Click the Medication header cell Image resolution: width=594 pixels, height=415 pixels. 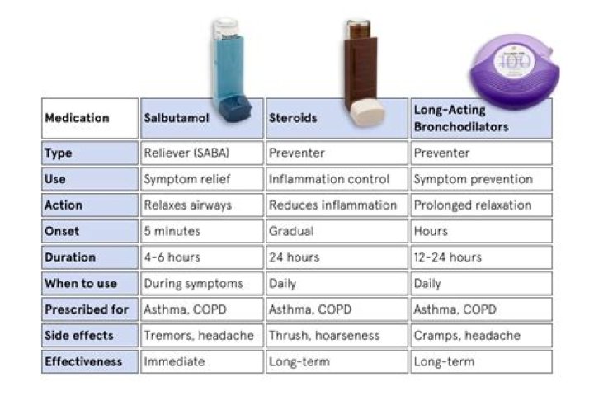coord(89,118)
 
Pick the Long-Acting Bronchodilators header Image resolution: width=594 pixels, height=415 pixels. coord(481,118)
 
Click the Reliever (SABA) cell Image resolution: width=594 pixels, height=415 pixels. coord(200,153)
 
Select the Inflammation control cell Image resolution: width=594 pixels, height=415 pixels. coord(336,179)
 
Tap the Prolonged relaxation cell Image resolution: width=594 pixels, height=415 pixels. coord(481,205)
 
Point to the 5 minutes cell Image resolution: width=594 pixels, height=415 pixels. coord(200,232)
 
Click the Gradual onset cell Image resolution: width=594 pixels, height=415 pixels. coord(336,232)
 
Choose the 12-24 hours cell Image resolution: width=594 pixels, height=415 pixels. coord(481,257)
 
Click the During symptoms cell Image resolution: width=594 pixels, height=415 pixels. coord(200,284)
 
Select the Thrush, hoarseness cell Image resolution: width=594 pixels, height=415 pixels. coord(336,336)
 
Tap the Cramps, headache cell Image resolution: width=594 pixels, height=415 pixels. coord(481,336)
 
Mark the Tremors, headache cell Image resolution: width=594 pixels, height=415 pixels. coord(200,336)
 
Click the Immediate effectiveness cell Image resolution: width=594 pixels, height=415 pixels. coord(200,362)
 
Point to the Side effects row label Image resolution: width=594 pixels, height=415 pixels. coord(89,336)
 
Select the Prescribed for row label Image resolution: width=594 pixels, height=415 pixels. coord(89,309)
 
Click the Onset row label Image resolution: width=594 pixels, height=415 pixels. coord(89,232)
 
